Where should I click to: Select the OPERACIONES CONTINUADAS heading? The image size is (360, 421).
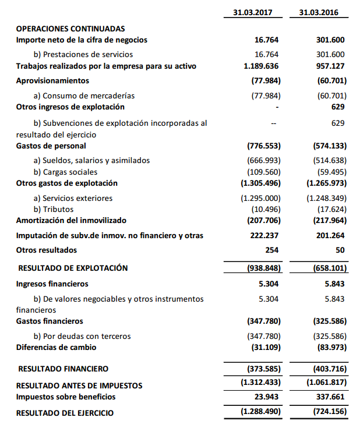[x=70, y=29]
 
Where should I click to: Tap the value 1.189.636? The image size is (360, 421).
[x=262, y=66]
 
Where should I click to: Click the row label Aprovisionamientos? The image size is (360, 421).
[x=52, y=80]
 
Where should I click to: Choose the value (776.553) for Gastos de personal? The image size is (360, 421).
[x=263, y=146]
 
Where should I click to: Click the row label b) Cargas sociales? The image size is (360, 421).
[x=66, y=172]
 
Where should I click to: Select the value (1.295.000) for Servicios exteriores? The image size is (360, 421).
[x=261, y=198]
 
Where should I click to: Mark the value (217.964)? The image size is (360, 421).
[x=327, y=221]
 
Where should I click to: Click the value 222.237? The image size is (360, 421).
[x=266, y=235]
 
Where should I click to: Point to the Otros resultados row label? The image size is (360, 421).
[x=47, y=250]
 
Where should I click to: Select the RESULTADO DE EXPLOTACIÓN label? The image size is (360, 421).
[x=73, y=268]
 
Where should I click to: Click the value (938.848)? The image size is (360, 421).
[x=262, y=268]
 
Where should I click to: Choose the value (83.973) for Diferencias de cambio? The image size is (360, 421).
[x=329, y=347]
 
